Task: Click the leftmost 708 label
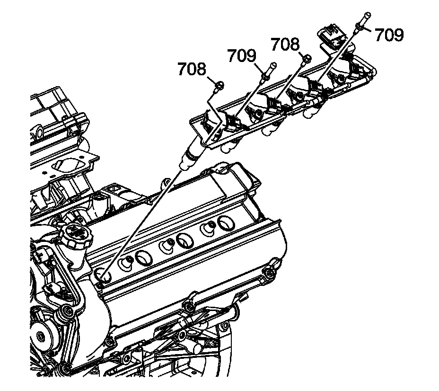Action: [193, 69]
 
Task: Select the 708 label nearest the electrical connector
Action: [285, 44]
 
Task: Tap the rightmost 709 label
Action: [389, 35]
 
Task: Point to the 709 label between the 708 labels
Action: [242, 55]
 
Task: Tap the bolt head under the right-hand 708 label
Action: [306, 59]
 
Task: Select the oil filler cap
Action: [76, 235]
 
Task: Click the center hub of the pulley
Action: [40, 337]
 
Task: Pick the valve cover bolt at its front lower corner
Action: [110, 341]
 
